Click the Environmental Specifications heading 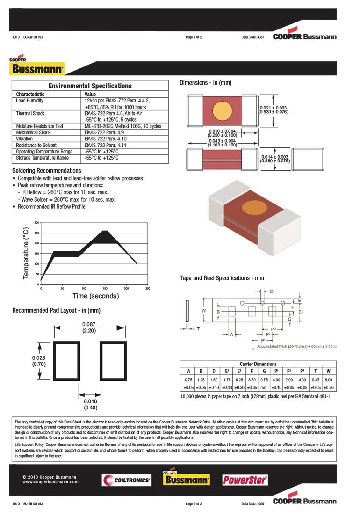coord(90,86)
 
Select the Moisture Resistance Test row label coord(39,126)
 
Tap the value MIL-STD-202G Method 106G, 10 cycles coord(122,126)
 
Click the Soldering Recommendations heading coord(46,171)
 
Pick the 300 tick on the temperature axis coord(37,222)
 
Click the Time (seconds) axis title coord(95,296)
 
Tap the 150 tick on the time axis coord(105,289)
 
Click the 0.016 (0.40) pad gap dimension coord(90,405)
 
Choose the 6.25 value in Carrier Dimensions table coord(239,380)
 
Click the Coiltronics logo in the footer coord(126,480)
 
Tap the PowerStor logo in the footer coord(245,480)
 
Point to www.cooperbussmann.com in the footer coord(50,482)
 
